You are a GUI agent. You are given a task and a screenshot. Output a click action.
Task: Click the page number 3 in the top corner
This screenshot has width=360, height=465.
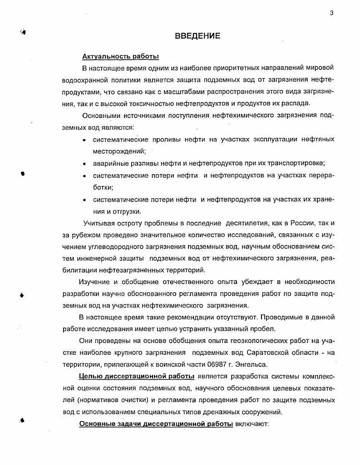(332, 13)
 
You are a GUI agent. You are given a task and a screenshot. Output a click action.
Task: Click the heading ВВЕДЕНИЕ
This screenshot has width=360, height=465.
(197, 36)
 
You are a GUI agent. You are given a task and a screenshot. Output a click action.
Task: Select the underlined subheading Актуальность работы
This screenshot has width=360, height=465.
(120, 57)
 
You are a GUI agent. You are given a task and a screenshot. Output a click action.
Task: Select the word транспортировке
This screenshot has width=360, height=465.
(298, 163)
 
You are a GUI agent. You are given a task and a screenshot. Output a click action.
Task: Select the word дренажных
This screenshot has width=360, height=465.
(221, 412)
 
